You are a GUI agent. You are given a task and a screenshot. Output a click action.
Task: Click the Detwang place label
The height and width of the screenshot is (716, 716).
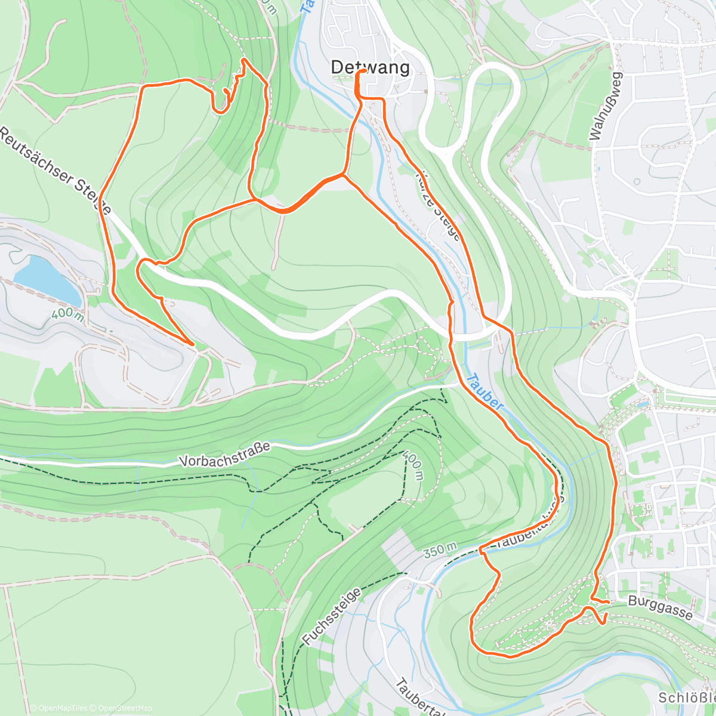[x=371, y=67]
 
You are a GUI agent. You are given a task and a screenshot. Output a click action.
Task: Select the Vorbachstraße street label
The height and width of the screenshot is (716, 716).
[x=224, y=454]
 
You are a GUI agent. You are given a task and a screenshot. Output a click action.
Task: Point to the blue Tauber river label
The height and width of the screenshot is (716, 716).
[x=485, y=391]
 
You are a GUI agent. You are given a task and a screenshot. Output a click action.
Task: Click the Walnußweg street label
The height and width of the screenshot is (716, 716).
[x=606, y=106]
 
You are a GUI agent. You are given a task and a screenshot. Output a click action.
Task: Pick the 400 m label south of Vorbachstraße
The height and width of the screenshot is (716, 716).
[x=413, y=465]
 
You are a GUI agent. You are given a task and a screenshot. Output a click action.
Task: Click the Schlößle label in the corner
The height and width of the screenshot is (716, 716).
[x=686, y=698]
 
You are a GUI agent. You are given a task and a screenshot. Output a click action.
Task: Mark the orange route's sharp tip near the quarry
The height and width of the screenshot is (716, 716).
[x=192, y=344]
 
